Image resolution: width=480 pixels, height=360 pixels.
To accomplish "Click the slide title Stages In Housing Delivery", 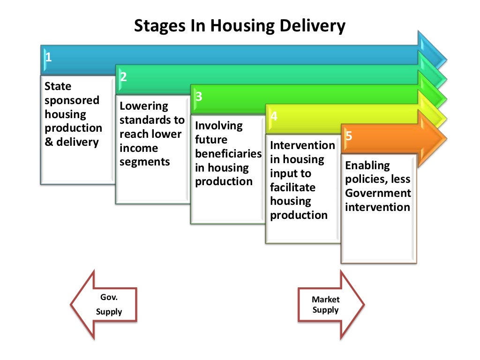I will (x=240, y=26).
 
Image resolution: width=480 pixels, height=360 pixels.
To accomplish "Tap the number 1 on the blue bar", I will (x=48, y=58).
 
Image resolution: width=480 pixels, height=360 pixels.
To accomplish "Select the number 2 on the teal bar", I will (x=123, y=77).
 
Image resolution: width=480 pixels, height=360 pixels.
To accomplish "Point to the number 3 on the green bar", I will (x=199, y=97).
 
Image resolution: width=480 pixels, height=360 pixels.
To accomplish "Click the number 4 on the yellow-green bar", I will (x=274, y=116).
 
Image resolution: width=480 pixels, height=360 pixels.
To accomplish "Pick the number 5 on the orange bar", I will (x=349, y=136).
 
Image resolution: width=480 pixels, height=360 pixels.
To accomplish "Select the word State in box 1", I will (x=58, y=86).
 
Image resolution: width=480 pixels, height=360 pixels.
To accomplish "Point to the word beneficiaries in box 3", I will (x=228, y=154).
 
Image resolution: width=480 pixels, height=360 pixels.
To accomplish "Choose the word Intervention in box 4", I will (x=302, y=145).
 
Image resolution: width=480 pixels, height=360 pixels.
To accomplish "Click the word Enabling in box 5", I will (x=367, y=165).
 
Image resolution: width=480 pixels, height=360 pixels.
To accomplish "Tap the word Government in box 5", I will (x=378, y=193).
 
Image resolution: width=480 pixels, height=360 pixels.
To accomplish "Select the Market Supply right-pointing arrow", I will (x=331, y=305).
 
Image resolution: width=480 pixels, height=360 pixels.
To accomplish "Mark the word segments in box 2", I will (x=144, y=162).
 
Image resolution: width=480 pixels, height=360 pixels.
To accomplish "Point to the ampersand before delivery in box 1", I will (x=49, y=142).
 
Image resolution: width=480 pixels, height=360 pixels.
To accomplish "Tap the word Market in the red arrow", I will (x=326, y=300).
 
